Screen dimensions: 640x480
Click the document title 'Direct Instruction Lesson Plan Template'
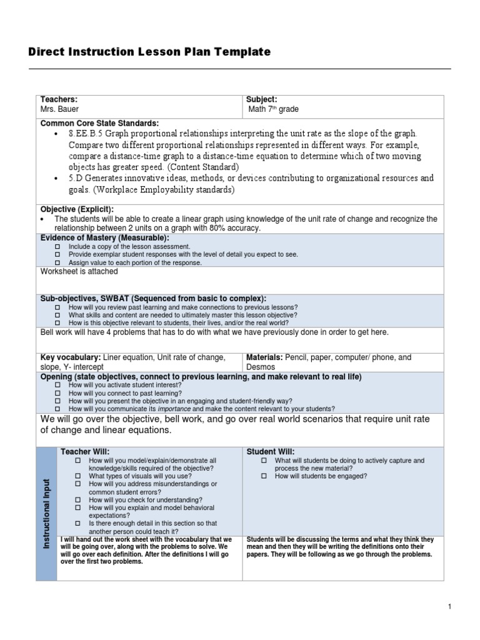coord(149,52)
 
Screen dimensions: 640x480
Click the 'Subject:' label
coord(261,99)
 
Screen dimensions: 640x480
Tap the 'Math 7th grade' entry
coord(273,109)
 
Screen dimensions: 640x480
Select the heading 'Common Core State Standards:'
coord(99,122)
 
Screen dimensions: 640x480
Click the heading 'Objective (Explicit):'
coord(77,209)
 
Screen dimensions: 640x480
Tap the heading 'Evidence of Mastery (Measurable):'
coord(104,238)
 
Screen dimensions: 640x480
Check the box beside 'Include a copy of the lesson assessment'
coord(57,247)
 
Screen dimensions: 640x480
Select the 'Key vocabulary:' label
coord(71,357)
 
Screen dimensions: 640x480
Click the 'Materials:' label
coord(265,357)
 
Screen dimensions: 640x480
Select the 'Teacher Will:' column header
coord(84,451)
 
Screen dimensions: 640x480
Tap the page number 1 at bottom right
coord(449,606)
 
